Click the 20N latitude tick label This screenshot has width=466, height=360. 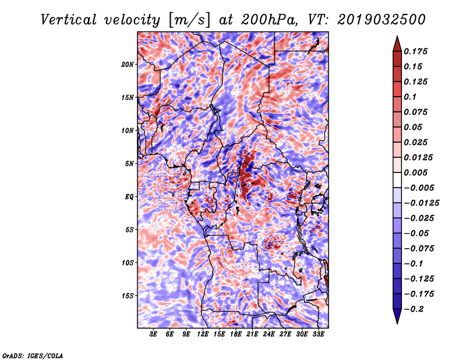128,64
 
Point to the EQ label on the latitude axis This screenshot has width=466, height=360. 129,197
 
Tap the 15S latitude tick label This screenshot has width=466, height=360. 128,296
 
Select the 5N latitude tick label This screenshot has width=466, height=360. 129,164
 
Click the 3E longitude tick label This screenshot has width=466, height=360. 153,334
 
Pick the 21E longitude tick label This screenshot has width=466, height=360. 252,334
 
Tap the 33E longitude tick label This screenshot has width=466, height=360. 318,334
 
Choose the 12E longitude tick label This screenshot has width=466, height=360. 202,334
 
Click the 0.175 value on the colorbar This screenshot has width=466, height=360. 415,51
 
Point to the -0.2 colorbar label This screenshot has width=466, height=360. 414,309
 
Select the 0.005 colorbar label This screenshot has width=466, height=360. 415,172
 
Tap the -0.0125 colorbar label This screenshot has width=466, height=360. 421,203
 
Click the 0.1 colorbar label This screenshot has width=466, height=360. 410,97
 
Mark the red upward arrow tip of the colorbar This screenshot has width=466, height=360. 397,37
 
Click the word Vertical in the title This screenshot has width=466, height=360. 69,20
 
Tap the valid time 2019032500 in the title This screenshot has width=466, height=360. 382,20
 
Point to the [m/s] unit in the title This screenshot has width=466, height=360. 189,20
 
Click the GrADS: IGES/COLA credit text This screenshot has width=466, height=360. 33,355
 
